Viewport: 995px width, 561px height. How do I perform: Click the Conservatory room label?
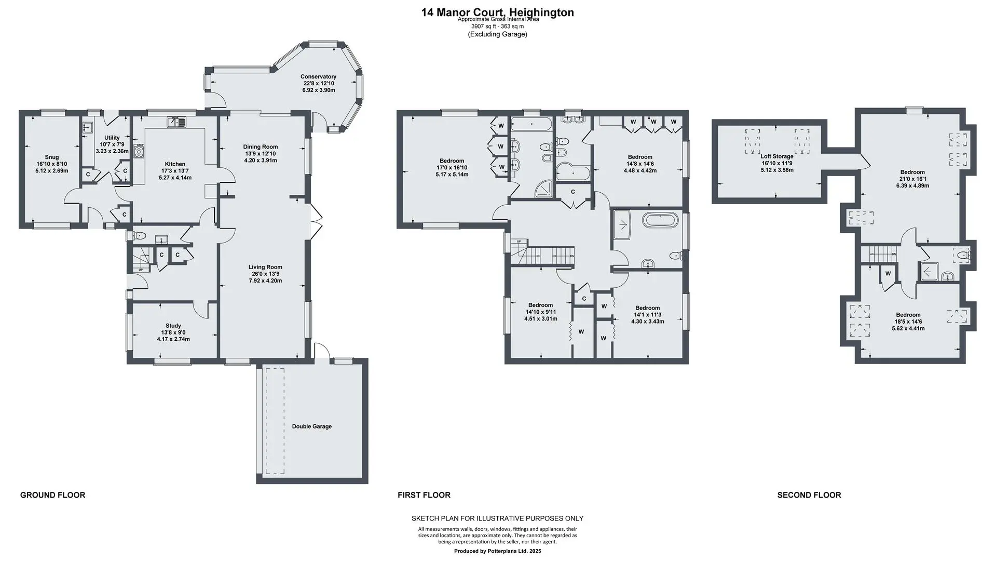319,77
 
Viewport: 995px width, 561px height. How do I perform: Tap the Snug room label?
52,157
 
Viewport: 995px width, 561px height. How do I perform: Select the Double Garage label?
311,426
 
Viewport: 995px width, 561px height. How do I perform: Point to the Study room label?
173,326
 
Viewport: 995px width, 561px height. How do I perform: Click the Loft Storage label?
777,156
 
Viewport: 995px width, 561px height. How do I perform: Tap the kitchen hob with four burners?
139,151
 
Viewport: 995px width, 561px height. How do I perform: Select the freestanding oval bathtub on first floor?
660,219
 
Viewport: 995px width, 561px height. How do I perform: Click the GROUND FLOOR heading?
52,495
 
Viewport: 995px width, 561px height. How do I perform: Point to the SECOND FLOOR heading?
809,495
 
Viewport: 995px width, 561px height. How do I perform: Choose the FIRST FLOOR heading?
424,495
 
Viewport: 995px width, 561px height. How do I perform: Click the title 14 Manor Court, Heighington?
498,12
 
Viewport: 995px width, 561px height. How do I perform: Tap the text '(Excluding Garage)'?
498,34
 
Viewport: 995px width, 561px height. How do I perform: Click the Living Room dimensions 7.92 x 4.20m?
265,281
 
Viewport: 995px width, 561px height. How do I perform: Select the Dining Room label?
261,147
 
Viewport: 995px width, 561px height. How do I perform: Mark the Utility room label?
112,138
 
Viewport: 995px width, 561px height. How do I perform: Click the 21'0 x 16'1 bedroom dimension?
912,179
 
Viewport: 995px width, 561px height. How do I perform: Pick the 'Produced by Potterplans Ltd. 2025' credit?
497,551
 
